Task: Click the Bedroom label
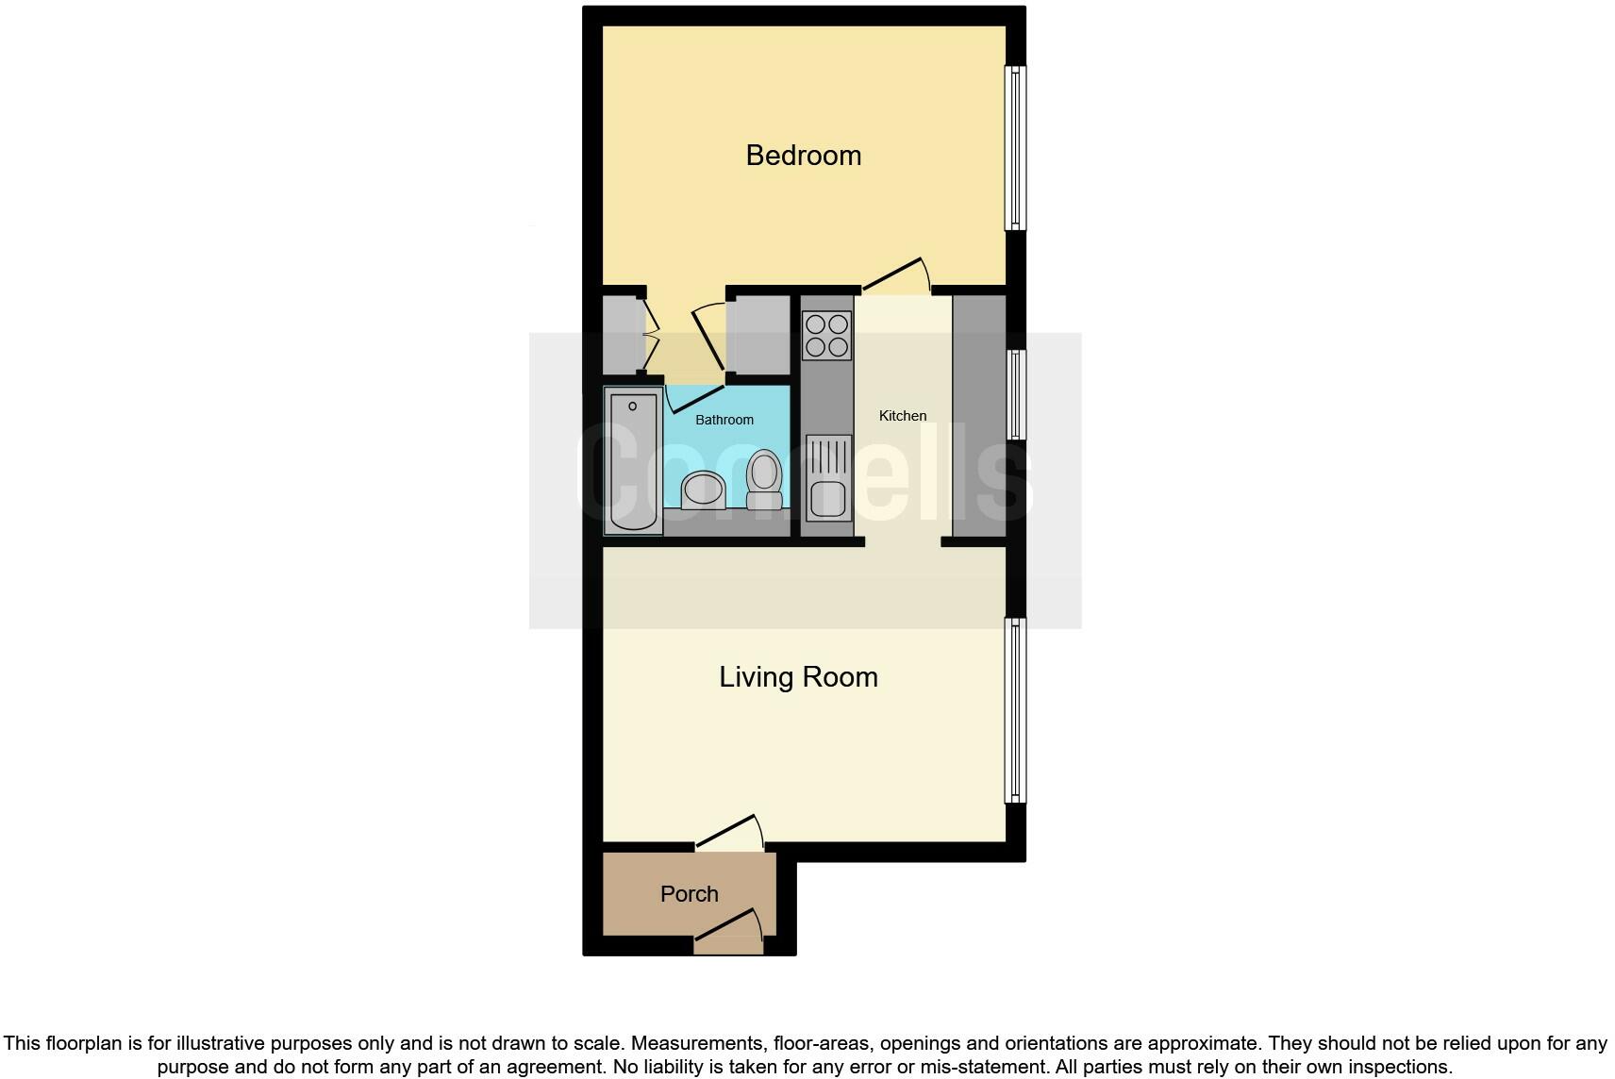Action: coord(803,156)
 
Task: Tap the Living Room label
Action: coord(798,677)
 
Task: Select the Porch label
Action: coord(689,894)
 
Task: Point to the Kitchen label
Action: coord(902,416)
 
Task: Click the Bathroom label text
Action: coord(724,420)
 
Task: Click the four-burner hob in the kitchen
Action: coord(826,336)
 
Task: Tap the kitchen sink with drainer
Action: coord(828,477)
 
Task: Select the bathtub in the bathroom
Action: coord(633,462)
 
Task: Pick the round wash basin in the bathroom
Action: coord(703,490)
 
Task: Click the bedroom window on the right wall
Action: coord(1015,147)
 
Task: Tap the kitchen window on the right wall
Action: coord(1015,394)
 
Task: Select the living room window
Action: coord(1015,710)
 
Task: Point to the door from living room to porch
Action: coord(729,833)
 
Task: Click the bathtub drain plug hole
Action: coord(632,407)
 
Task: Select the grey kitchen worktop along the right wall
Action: coord(979,415)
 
